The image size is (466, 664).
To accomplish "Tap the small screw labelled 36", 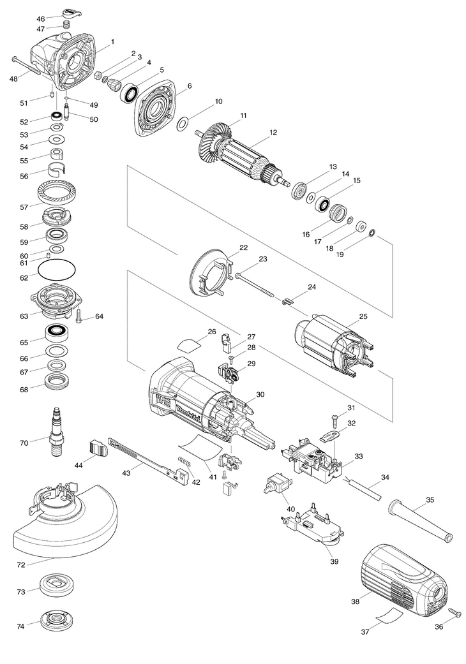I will (x=454, y=613).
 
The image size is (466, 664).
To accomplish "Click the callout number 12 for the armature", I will (x=273, y=133).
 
